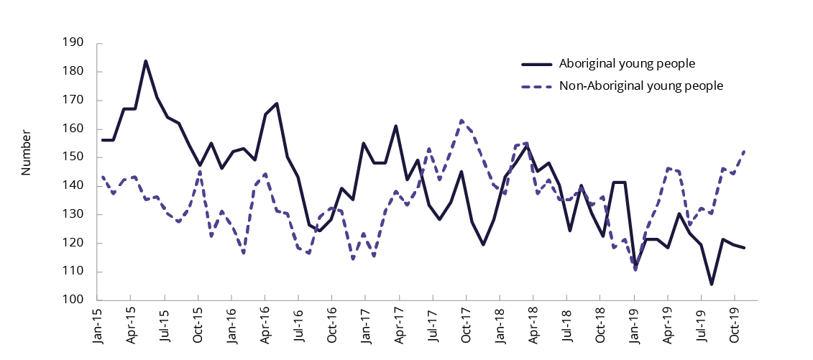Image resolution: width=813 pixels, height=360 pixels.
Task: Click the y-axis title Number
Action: [27, 153]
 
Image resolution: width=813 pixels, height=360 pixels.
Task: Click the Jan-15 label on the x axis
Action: [98, 327]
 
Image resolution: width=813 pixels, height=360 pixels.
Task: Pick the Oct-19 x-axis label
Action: [735, 327]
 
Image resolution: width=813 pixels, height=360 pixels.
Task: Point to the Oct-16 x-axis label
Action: [331, 327]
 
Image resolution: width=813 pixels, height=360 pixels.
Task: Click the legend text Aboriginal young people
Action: [627, 63]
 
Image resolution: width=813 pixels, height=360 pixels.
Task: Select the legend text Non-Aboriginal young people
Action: [640, 86]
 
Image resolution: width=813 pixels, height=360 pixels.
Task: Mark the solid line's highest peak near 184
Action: [146, 61]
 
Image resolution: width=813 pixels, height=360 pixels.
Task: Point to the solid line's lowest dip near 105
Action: [711, 284]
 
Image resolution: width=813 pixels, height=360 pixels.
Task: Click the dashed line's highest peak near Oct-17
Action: [461, 120]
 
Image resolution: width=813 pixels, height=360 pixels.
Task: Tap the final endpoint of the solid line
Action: [745, 248]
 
